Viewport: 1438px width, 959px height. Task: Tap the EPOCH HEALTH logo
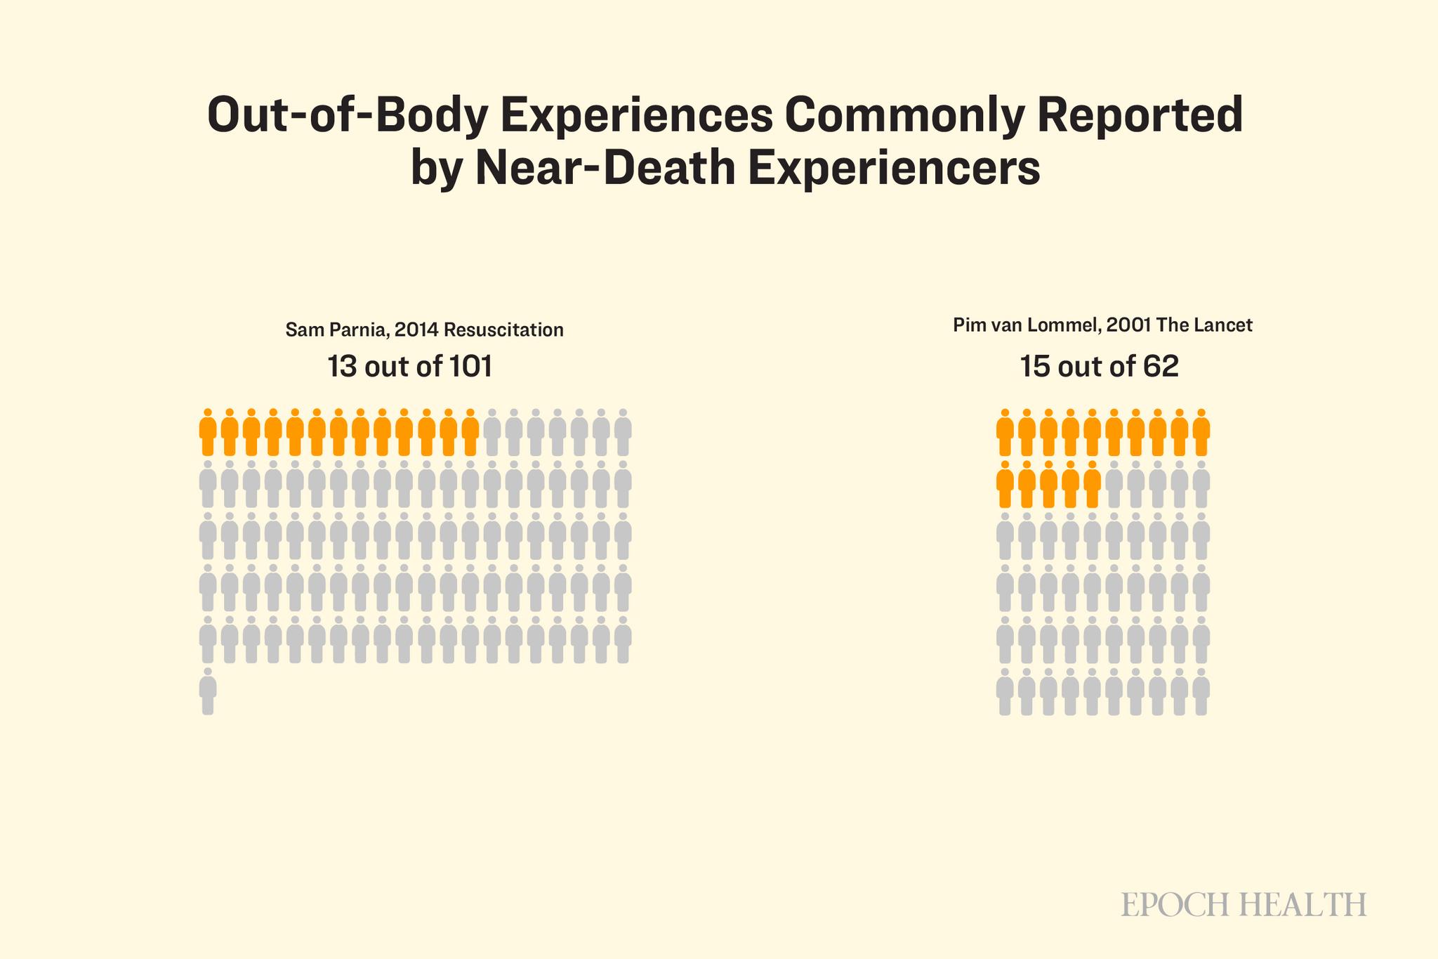1244,904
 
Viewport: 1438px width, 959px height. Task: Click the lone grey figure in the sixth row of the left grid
208,692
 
